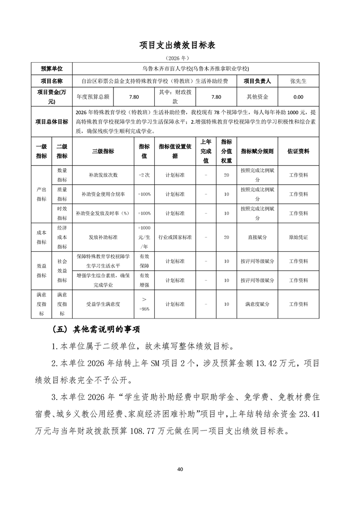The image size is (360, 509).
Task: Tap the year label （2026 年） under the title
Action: coord(180,58)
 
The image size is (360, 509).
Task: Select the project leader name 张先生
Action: coord(298,81)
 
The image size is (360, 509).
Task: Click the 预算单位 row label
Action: coord(52,69)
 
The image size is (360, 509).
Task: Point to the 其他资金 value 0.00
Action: coord(298,97)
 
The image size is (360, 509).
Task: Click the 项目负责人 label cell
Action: coord(257,81)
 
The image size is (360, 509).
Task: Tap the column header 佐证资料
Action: coord(298,151)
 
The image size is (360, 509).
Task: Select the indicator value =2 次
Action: coord(144,175)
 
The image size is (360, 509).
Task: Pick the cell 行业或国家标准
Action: coord(175,237)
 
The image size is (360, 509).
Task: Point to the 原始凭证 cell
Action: coord(298,237)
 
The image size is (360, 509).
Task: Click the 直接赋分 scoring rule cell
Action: coord(257,237)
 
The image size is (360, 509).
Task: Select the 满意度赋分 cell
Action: coord(257,304)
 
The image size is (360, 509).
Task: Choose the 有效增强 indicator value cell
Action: coord(144,280)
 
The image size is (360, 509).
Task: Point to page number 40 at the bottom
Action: coord(180,469)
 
